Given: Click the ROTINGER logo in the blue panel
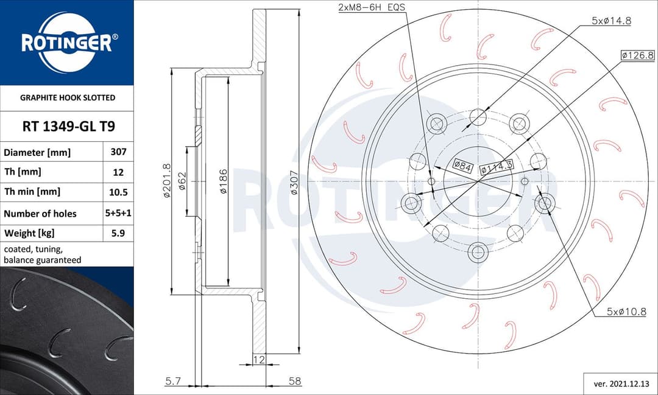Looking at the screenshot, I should click(66, 43).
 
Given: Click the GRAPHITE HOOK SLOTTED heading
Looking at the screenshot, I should click(68, 97).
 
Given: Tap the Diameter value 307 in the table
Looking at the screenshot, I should click(118, 152).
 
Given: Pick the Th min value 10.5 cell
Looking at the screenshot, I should click(118, 192).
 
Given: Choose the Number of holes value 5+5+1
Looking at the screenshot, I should click(118, 214).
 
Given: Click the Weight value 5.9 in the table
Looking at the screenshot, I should click(118, 233).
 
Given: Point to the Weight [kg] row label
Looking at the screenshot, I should click(30, 233).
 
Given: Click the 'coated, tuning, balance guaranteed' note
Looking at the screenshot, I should click(42, 254).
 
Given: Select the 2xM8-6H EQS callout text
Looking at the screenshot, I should click(372, 8).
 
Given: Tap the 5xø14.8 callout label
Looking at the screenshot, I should click(611, 20).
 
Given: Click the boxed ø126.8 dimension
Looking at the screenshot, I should click(637, 55).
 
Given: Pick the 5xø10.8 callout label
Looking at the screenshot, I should click(626, 312).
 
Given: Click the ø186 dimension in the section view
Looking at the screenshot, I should click(224, 181).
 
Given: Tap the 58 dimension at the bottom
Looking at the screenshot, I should click(295, 381).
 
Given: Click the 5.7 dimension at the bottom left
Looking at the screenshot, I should click(172, 381).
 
